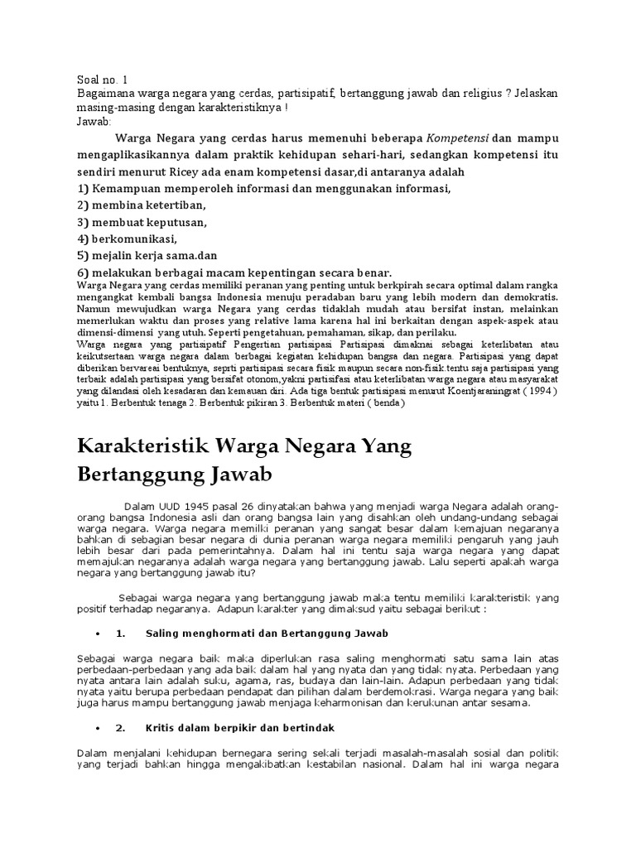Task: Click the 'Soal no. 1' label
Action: coord(102,80)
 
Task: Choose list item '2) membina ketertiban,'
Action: coord(141,205)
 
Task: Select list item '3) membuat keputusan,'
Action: coord(142,222)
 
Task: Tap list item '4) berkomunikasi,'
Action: coord(127,239)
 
